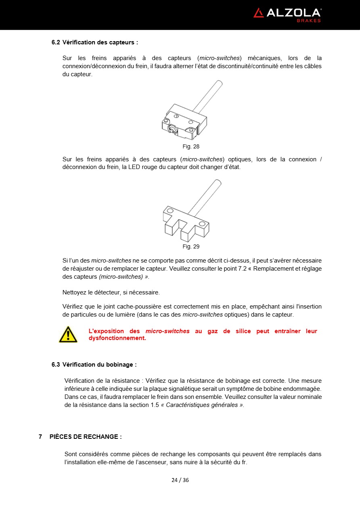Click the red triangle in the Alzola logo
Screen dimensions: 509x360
258,13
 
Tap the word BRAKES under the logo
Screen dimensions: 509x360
309,21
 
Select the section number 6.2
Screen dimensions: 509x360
56,42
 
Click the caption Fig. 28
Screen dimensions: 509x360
191,146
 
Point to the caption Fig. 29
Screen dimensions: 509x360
191,246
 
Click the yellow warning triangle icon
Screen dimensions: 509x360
68,335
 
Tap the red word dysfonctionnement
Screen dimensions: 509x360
117,338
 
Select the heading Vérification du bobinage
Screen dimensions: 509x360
99,365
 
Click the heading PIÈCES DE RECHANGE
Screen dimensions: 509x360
86,437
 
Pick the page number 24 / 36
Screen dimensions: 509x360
180,480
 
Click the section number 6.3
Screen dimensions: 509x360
56,365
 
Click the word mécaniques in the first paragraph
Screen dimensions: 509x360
264,58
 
